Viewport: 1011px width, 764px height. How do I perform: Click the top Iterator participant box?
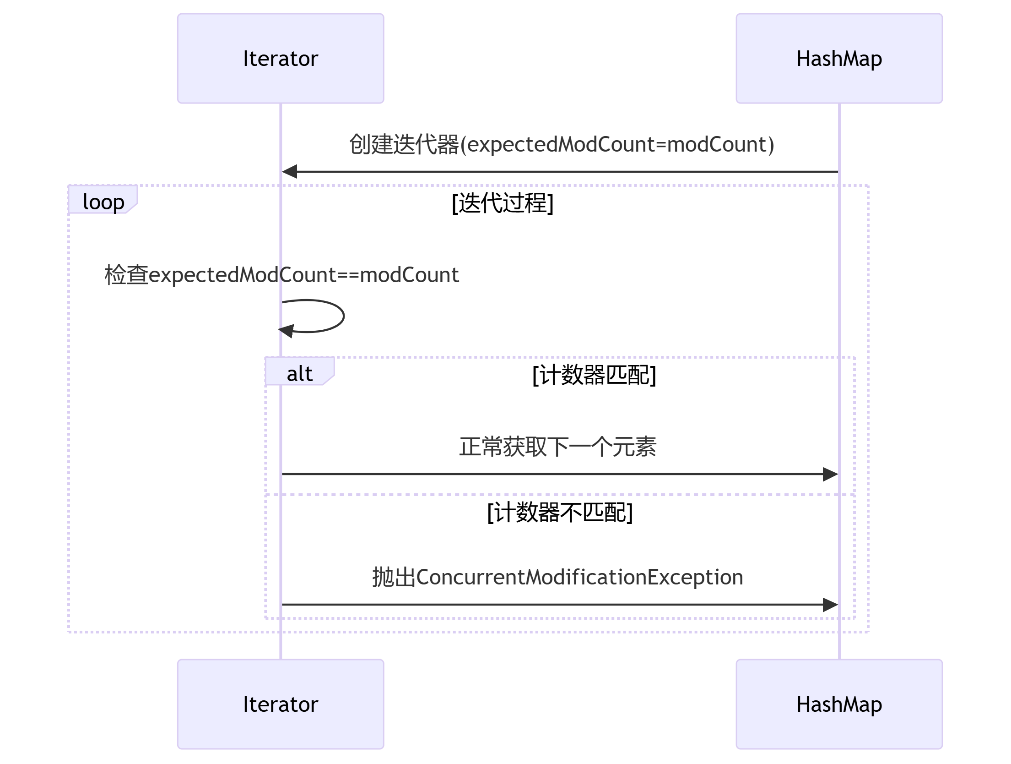pyautogui.click(x=281, y=58)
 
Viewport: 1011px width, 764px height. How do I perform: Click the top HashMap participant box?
pyautogui.click(x=839, y=58)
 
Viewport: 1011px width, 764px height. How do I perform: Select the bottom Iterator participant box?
pyautogui.click(x=281, y=704)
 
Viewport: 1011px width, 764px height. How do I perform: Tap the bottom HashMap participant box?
pyautogui.click(x=839, y=704)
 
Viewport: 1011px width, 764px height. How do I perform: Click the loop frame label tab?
pyautogui.click(x=103, y=200)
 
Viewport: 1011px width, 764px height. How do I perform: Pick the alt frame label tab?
pyautogui.click(x=300, y=371)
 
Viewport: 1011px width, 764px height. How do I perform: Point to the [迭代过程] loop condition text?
pyautogui.click(x=503, y=202)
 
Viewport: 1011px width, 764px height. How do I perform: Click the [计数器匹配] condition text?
pyautogui.click(x=594, y=375)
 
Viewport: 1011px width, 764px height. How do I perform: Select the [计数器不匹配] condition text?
pyautogui.click(x=560, y=512)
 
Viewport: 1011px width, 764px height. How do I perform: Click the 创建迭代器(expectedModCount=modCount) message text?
pyautogui.click(x=562, y=144)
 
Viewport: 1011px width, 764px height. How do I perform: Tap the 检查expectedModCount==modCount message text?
pyautogui.click(x=281, y=275)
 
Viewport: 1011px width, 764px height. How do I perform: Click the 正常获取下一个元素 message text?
pyautogui.click(x=557, y=447)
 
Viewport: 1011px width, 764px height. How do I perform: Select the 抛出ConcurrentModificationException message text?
pyautogui.click(x=557, y=577)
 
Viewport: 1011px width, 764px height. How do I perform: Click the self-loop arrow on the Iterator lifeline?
pyautogui.click(x=343, y=316)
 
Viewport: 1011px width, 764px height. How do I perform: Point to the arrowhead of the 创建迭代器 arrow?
pyautogui.click(x=290, y=172)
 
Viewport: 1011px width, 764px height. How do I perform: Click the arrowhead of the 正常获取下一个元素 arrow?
pyautogui.click(x=830, y=474)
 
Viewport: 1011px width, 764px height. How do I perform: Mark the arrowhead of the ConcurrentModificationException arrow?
pyautogui.click(x=830, y=605)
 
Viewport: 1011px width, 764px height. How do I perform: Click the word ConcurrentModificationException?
pyautogui.click(x=579, y=577)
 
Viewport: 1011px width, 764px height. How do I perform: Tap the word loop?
pyautogui.click(x=103, y=202)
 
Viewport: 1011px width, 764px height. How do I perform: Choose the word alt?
pyautogui.click(x=300, y=374)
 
